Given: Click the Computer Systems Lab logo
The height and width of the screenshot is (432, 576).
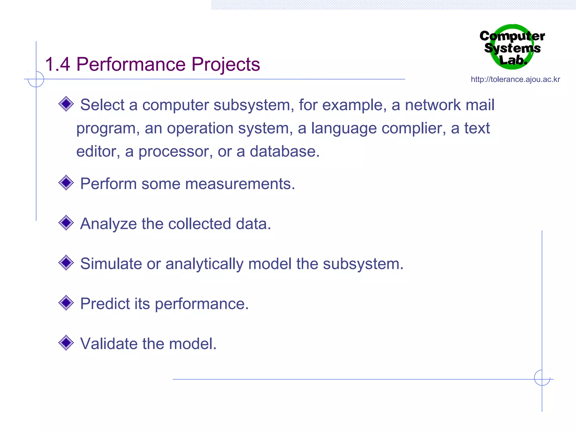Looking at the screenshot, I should tap(512, 47).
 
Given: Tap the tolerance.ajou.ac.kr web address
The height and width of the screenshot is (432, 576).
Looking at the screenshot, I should tap(515, 80).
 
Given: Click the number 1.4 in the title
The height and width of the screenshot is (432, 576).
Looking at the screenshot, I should tap(57, 64).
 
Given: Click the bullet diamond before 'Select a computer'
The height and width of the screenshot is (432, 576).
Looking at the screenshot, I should tap(66, 104).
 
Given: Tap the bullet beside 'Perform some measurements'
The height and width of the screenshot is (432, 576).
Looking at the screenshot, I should tap(66, 183).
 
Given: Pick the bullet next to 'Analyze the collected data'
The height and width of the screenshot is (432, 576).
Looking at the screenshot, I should tap(66, 223).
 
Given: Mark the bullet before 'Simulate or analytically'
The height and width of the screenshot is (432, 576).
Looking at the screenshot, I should tap(66, 263).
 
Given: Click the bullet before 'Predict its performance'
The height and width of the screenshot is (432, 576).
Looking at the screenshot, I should tap(66, 303).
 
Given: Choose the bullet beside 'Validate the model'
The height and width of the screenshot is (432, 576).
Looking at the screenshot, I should tap(66, 343).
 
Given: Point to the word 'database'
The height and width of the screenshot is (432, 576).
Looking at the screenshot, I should tap(284, 152).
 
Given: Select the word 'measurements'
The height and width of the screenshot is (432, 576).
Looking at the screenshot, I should tap(240, 184).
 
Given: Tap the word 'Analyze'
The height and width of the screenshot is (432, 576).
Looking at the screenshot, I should tap(108, 224).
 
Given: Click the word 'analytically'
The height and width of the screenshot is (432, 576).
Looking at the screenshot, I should tap(204, 264).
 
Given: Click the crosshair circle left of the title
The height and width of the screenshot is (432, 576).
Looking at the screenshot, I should tap(36, 79).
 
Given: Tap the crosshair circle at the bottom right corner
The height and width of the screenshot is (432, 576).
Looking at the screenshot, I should tap(542, 378).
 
